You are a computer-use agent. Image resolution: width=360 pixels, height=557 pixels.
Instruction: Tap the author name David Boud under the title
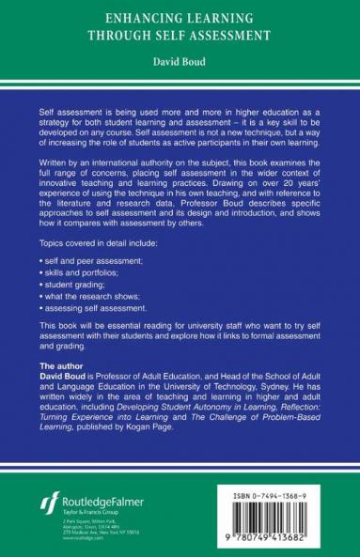(x=180, y=65)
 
